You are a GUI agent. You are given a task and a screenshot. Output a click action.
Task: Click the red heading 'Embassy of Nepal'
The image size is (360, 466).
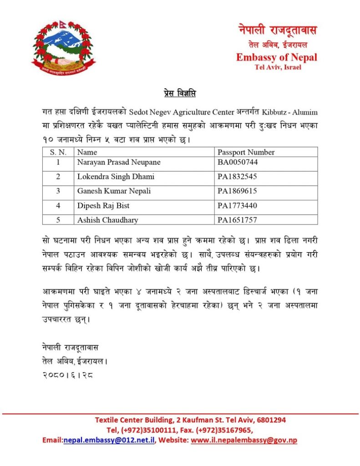pos(276,58)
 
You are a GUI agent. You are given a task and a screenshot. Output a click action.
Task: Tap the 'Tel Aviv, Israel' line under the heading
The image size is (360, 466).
pos(278,68)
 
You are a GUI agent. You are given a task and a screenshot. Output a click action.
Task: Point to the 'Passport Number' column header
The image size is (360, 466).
pos(246,152)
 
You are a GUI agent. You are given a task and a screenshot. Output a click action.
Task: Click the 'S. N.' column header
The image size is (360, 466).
pos(58,152)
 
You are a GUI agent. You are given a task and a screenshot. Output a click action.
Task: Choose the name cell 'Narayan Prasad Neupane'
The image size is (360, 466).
pos(119,162)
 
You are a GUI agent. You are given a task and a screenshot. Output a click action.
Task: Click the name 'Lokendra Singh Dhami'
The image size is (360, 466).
pos(116,177)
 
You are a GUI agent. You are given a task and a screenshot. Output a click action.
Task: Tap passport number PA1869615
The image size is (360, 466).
pos(237,191)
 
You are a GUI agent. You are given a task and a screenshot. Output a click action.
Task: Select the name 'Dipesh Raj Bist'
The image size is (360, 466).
pos(103,206)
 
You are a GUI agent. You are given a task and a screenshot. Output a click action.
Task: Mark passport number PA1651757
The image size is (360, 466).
pos(237,220)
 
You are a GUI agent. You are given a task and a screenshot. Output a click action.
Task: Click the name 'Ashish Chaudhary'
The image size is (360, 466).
pos(108,220)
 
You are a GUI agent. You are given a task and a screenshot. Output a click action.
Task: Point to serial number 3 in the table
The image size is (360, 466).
pos(58,191)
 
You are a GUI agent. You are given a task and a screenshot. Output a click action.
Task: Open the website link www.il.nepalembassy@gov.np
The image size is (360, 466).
pos(244,441)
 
